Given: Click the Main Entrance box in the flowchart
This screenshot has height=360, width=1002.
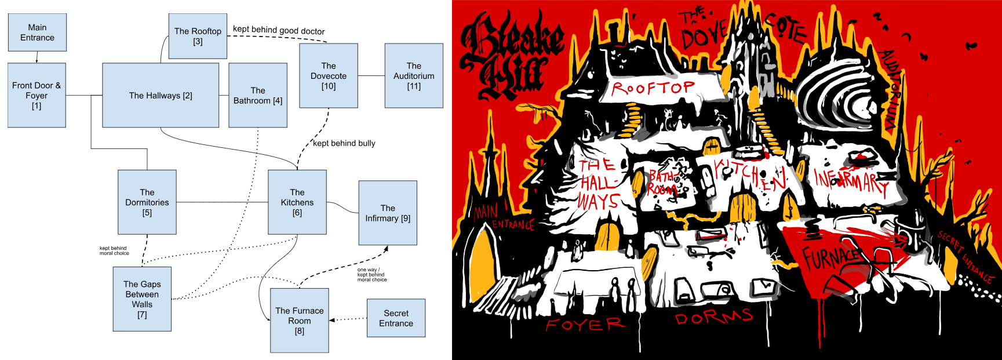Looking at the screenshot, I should (37, 32).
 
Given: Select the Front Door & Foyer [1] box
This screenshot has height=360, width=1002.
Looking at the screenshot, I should (37, 95).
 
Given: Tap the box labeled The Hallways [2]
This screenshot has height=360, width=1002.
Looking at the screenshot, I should (161, 95).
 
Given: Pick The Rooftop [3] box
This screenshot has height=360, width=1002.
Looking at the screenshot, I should (198, 36).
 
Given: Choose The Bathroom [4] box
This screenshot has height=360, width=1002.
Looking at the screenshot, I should (258, 95).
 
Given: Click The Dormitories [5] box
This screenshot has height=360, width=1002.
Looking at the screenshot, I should (147, 202).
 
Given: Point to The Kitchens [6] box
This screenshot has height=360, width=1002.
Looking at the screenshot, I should (297, 202).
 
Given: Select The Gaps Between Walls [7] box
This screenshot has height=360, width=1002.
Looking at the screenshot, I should (142, 299).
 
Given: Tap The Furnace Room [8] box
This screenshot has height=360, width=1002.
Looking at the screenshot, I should (299, 320).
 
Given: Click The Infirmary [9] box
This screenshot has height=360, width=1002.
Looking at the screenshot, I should (388, 213).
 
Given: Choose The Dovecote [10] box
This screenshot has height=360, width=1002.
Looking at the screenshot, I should (328, 75).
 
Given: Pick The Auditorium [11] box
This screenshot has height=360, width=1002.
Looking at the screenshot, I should (414, 75).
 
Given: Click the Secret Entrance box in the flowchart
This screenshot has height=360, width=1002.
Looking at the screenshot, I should (396, 318).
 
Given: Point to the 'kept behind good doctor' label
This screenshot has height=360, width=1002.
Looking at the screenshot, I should (279, 30).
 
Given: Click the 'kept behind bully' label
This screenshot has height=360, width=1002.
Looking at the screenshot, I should (344, 143).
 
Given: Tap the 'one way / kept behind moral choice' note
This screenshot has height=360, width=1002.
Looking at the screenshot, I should (371, 275).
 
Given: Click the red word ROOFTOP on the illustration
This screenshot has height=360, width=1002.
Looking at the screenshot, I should (653, 88).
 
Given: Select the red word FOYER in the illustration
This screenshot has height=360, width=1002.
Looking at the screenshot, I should (585, 324).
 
